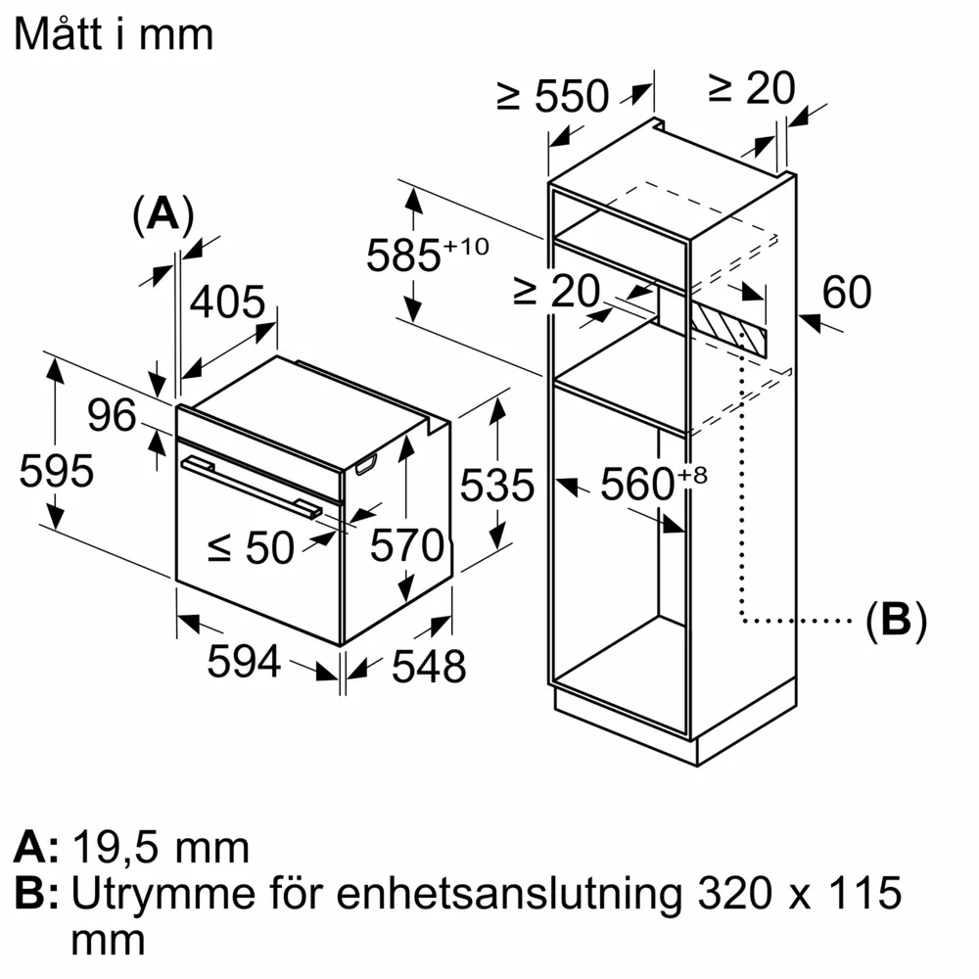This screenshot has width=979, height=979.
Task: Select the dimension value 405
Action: coord(227,303)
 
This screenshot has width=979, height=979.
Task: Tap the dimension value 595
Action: coord(57,472)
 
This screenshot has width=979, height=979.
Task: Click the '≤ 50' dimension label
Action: coord(251,549)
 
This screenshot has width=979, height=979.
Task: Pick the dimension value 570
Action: coord(406,545)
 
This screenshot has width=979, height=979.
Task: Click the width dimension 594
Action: coord(244,663)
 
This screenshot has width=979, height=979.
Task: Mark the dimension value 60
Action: coord(846,293)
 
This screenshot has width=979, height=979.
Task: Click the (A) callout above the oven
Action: coord(163,213)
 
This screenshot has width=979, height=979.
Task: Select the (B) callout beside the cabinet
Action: coord(896,620)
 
